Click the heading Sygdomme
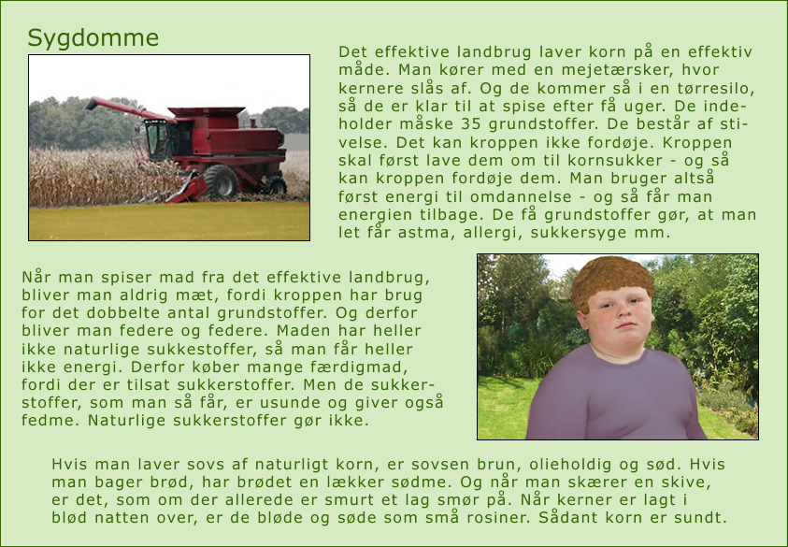[x=93, y=38]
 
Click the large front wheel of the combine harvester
[x=220, y=181]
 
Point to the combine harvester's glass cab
[x=156, y=139]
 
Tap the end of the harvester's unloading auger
[x=92, y=104]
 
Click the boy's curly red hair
[x=613, y=280]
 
